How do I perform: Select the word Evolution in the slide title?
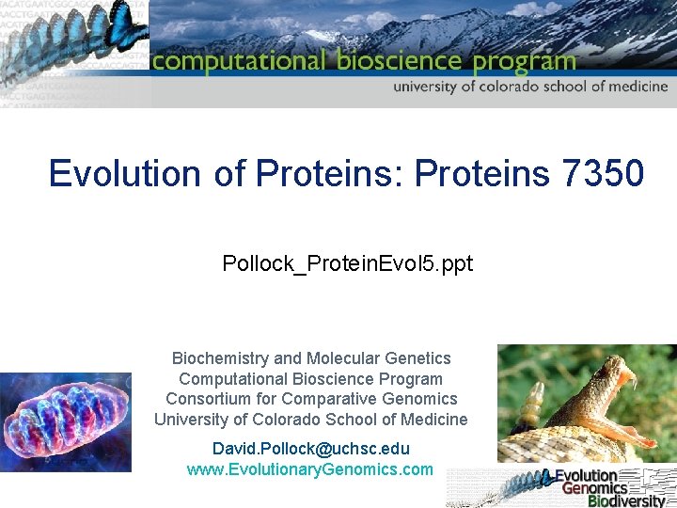coord(124,173)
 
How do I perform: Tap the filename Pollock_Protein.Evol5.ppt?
coord(347,264)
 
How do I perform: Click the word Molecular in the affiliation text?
coord(345,358)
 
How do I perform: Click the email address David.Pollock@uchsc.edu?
coord(310,449)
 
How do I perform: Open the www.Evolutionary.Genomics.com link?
coord(310,468)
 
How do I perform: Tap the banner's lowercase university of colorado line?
coord(530,87)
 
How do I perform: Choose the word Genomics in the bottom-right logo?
coord(594,488)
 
